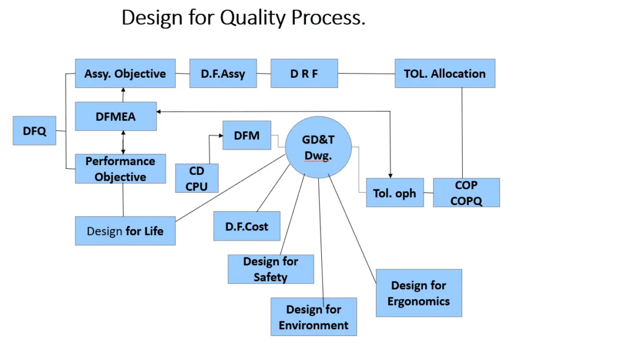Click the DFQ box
[34, 131]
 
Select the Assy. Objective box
[125, 74]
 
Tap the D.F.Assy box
[223, 74]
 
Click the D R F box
[304, 74]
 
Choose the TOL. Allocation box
[445, 74]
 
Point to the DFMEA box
[116, 116]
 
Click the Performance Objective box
[121, 169]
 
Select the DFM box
[247, 136]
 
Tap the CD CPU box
[197, 178]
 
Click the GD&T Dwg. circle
[318, 147]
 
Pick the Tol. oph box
[395, 193]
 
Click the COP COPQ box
[466, 192]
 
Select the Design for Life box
[125, 231]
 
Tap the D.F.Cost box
[247, 226]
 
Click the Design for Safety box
[271, 269]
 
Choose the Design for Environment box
[313, 317]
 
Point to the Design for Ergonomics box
[419, 293]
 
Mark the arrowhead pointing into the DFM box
[220, 136]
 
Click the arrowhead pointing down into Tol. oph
[391, 175]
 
